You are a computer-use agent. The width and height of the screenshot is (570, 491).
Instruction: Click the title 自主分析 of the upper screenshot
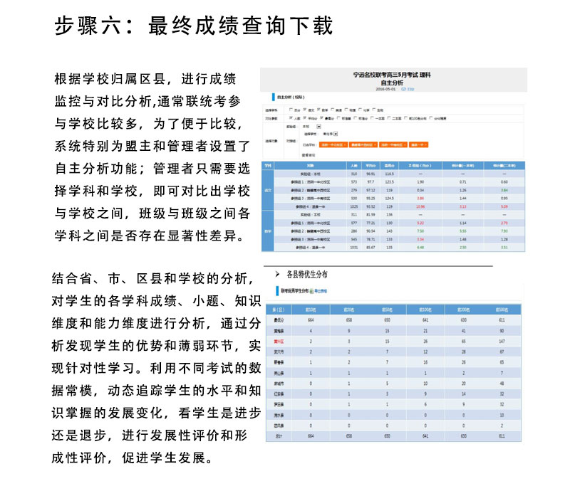(393, 83)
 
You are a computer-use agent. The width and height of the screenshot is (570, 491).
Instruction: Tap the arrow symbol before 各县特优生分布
(276, 273)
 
